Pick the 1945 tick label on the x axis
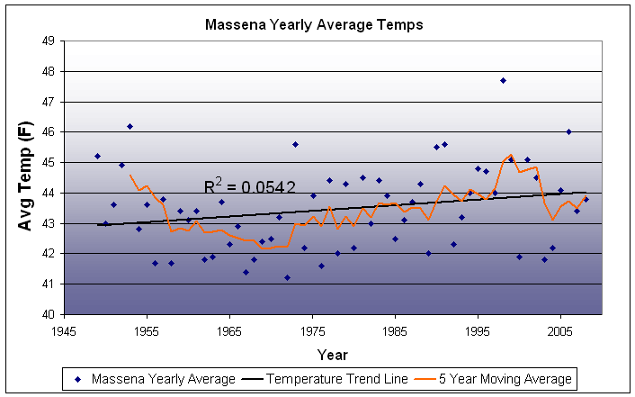coord(64,330)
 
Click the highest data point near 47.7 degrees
coord(503,80)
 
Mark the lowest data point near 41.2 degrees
coord(288,278)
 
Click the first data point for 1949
coord(97,156)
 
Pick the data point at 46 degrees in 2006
coord(568,131)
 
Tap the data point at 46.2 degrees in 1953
coord(130,126)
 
